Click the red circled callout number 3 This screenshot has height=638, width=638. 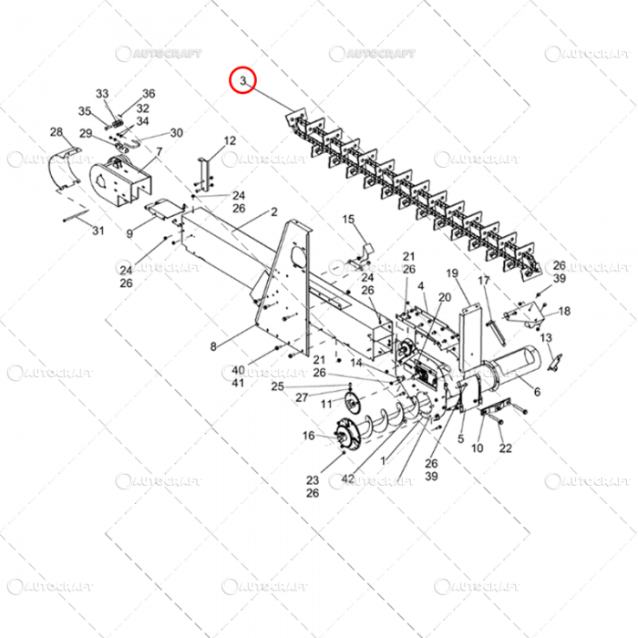pos(243,82)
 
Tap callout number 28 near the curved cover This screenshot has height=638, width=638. pos(57,132)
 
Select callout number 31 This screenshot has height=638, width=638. pos(98,231)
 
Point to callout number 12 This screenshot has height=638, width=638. pos(230,140)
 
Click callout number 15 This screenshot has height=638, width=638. pos(347,220)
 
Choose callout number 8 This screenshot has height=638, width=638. pos(213,346)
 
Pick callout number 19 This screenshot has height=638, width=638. pos(451,273)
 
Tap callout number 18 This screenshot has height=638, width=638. pos(564,311)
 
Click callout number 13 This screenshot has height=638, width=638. pos(547,338)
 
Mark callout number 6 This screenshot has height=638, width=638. pos(536,392)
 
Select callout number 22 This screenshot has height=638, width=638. pos(506,448)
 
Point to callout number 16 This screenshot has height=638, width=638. pos(308,436)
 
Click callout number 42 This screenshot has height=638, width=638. pos(347,478)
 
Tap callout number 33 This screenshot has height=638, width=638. pos(102,94)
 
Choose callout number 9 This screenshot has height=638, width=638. pos(129,234)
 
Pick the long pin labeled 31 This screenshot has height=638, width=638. pos(75,217)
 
